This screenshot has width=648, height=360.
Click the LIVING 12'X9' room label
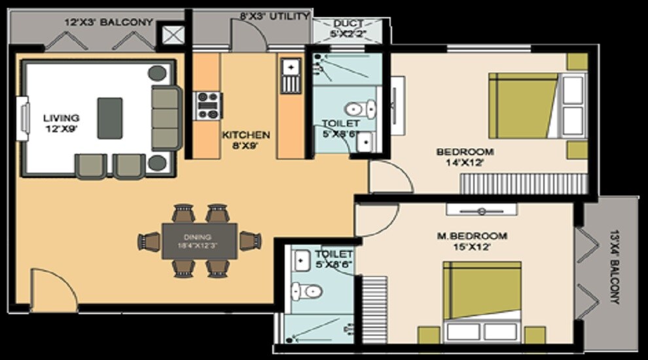click(61, 123)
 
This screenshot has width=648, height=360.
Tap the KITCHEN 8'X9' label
click(245, 140)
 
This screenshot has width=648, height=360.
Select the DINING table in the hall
click(200, 242)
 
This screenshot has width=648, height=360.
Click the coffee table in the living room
click(110, 118)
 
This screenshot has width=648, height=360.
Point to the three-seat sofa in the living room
click(165, 118)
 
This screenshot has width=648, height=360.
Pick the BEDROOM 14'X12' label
click(465, 157)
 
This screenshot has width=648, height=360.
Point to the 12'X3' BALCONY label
click(108, 22)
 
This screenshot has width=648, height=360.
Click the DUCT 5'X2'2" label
click(349, 28)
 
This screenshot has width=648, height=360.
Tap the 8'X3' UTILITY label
click(274, 16)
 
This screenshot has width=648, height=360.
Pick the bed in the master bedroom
click(482, 301)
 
